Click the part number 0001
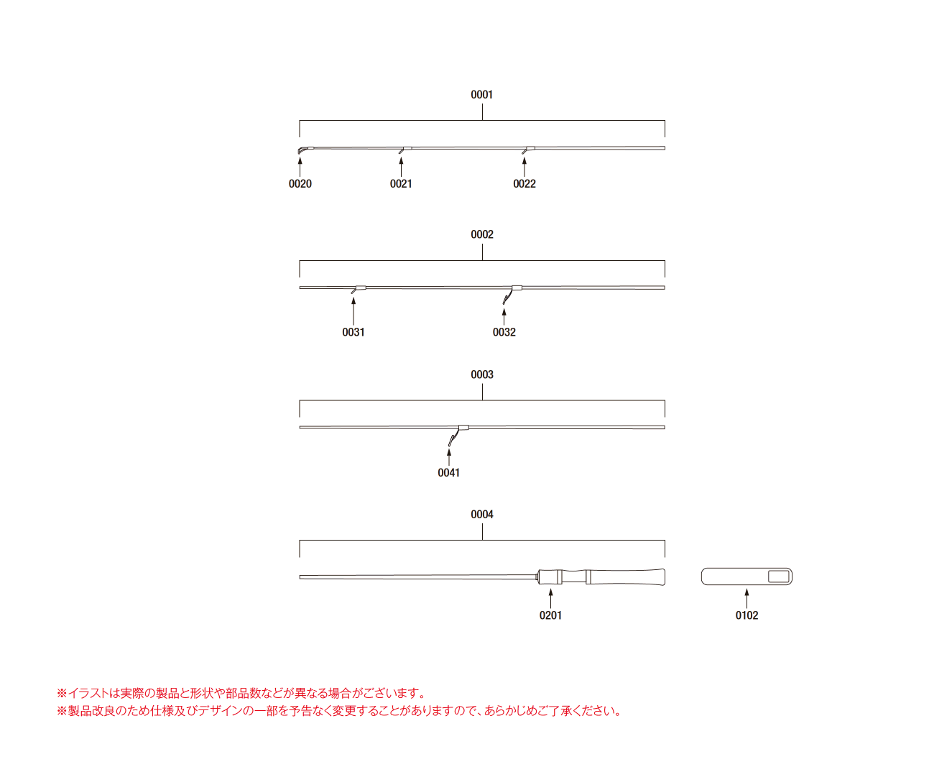click(481, 94)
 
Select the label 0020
click(300, 183)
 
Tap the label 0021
click(400, 183)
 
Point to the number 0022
click(524, 183)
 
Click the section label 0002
click(482, 234)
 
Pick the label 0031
click(353, 331)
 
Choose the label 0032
click(504, 331)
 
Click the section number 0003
click(482, 374)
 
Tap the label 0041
click(448, 472)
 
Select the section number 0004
click(482, 514)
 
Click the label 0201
click(550, 615)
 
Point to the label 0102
click(747, 615)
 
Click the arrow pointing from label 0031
click(353, 311)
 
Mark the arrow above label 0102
click(746, 598)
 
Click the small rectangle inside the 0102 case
click(778, 576)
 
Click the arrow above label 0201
click(550, 598)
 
